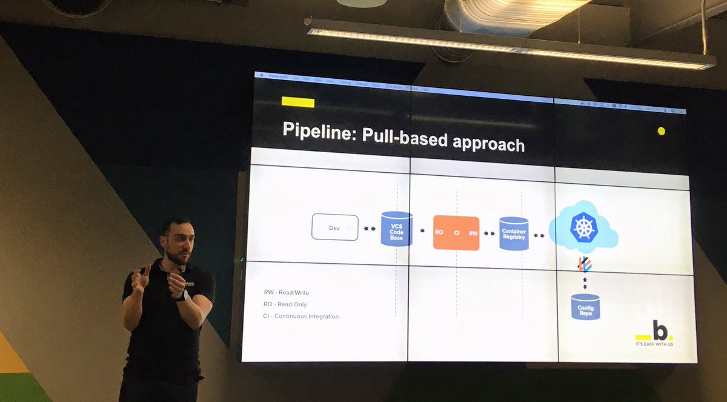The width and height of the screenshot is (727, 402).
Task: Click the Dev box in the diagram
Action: (x=334, y=227)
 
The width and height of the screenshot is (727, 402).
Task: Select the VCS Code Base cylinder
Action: (x=396, y=229)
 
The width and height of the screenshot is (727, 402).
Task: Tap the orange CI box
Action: (x=456, y=233)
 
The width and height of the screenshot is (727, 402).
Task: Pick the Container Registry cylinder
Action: (x=514, y=234)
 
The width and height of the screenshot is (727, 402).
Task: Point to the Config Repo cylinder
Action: (x=585, y=307)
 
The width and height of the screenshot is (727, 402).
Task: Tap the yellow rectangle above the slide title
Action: (x=297, y=102)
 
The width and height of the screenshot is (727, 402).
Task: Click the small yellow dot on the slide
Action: (x=661, y=131)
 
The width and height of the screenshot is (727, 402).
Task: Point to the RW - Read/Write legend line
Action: (x=286, y=292)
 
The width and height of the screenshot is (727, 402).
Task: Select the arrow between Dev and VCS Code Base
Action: (x=369, y=229)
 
